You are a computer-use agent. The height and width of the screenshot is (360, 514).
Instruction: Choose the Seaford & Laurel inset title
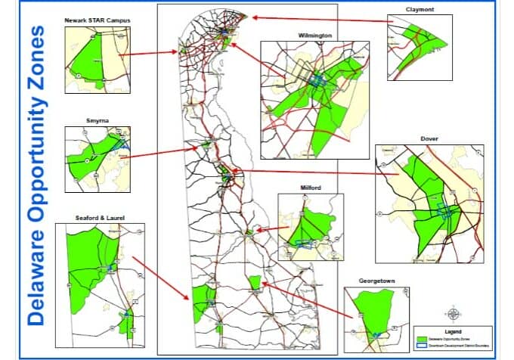pos(100,218)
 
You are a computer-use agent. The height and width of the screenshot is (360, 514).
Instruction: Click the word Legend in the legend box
pos(452,331)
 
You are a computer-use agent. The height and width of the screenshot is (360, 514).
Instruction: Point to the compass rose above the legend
pos(453,314)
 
